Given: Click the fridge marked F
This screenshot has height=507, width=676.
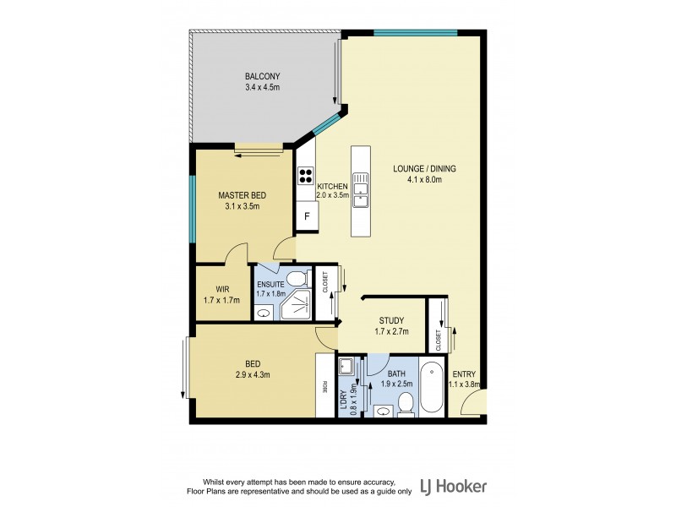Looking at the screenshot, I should (x=307, y=216).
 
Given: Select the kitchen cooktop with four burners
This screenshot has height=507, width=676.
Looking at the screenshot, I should (x=305, y=177).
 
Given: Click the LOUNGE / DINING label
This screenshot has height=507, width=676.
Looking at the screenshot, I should (x=424, y=168).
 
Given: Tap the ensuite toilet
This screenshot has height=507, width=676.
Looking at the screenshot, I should (x=296, y=279).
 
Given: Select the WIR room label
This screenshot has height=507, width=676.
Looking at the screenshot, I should (x=222, y=289).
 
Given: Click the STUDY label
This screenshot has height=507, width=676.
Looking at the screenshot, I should (x=394, y=320).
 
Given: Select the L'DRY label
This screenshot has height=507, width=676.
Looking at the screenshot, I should (x=344, y=396).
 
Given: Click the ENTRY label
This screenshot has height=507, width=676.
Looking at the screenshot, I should (x=464, y=373).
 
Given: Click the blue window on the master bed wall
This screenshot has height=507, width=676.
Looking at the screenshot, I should (x=193, y=208).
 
